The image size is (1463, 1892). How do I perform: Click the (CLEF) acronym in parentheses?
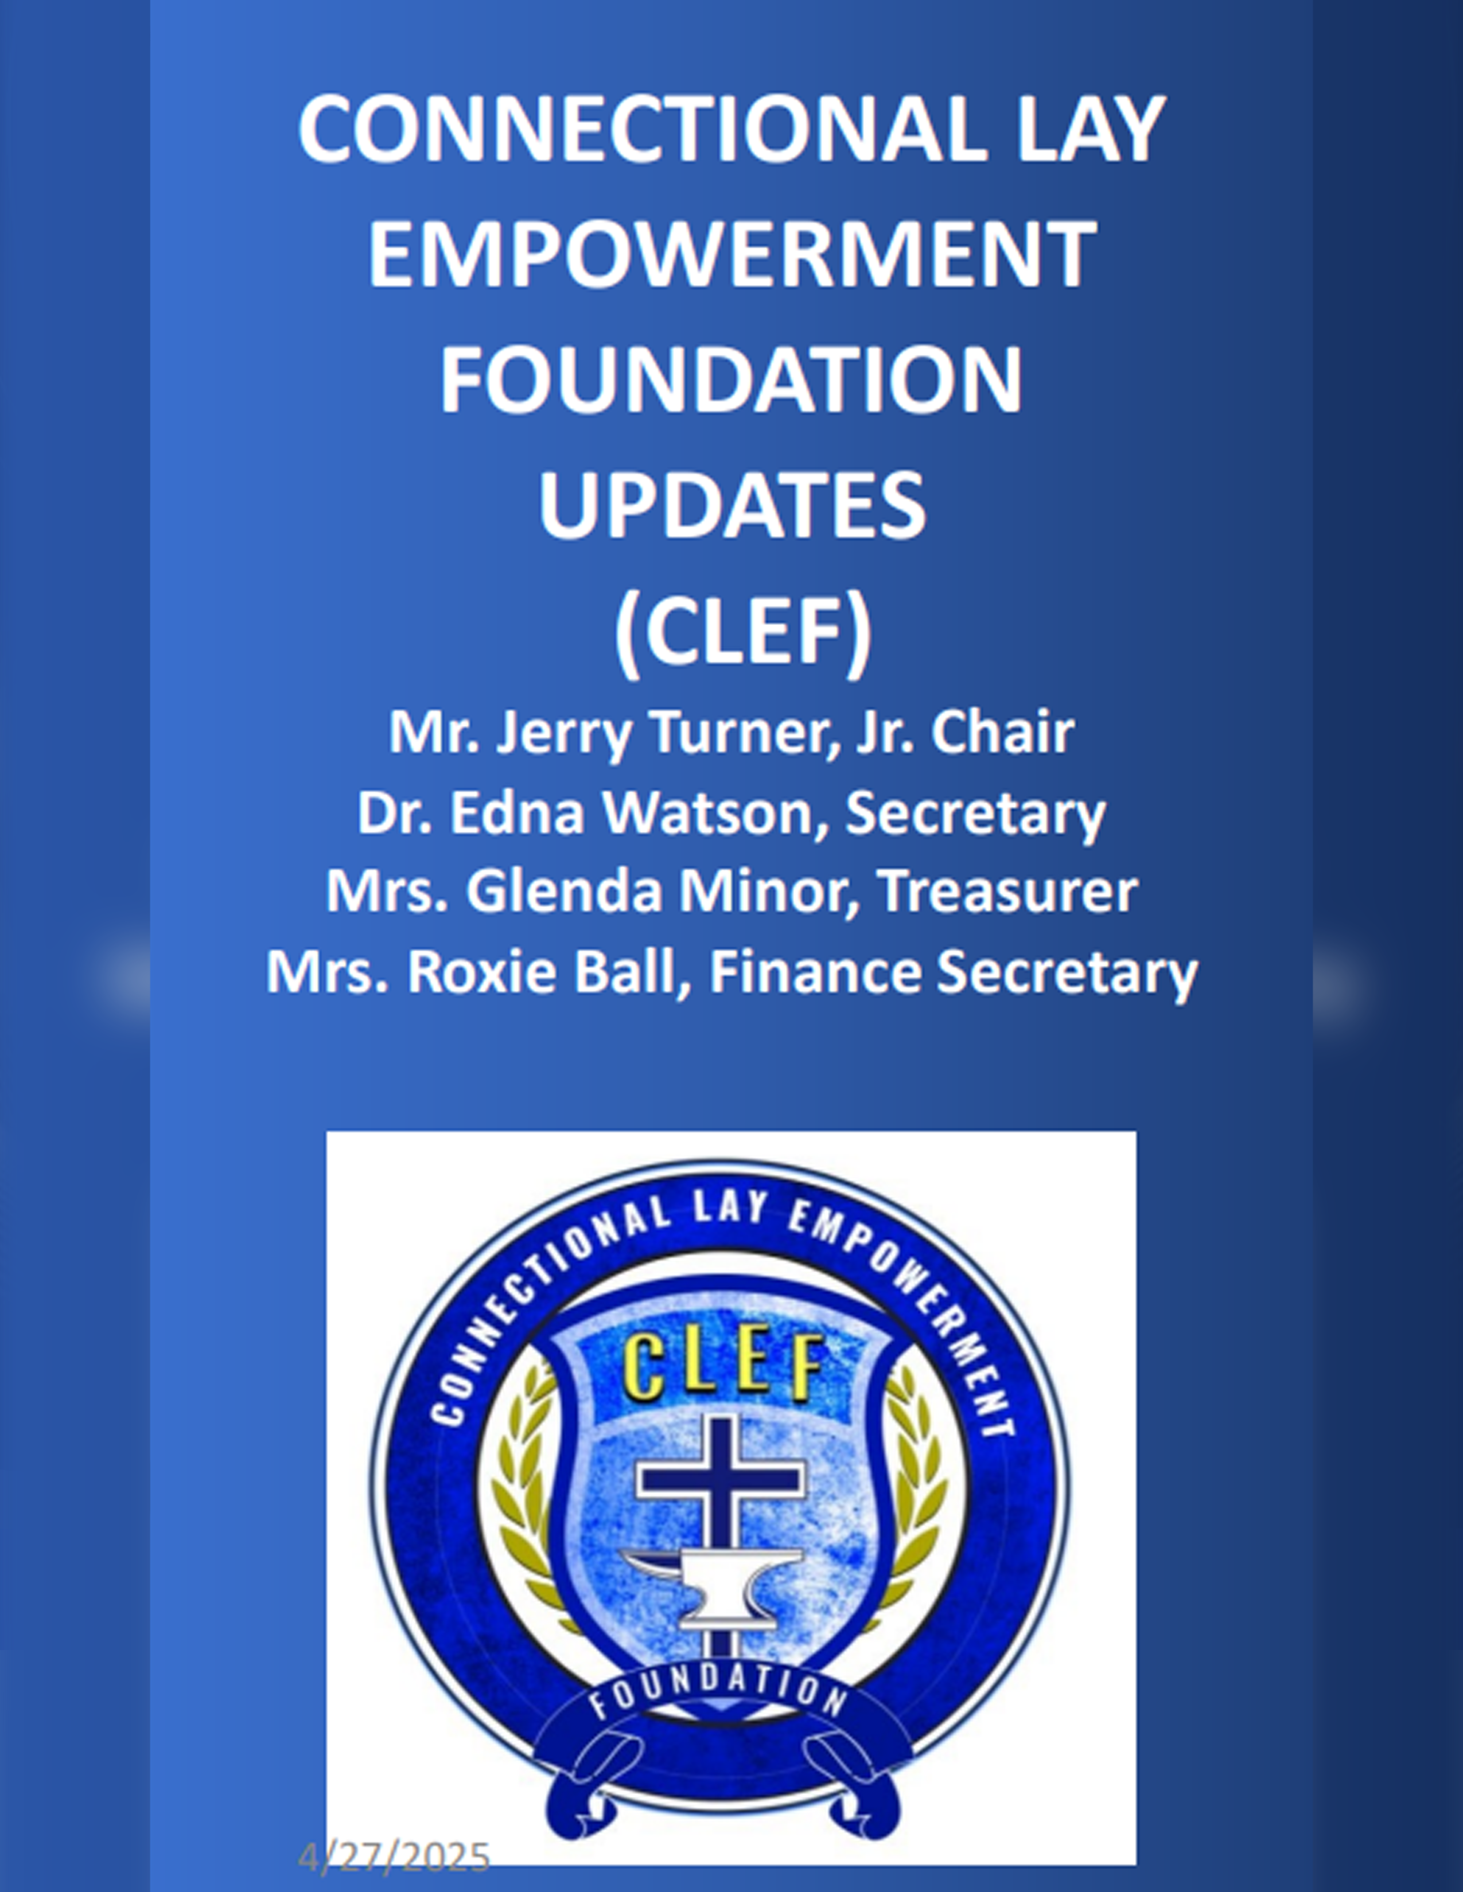point(743,632)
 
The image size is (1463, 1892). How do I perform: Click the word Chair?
point(1003,732)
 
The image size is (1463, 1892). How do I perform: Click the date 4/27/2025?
point(394,1858)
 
